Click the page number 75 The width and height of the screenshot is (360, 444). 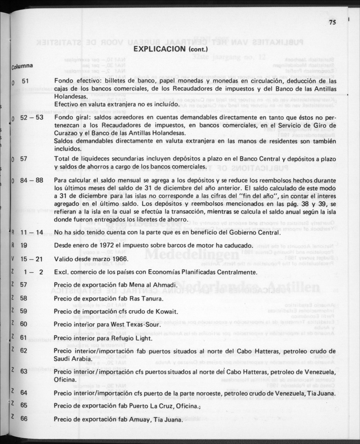[332, 23]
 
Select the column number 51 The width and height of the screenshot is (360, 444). [24, 81]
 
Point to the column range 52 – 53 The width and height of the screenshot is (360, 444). [32, 117]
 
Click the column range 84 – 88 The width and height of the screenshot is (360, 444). [32, 180]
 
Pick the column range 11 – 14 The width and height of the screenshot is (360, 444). [32, 233]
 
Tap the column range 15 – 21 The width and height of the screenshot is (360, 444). [32, 259]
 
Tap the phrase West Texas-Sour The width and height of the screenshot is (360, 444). [135, 325]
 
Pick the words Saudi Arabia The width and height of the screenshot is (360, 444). [72, 359]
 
